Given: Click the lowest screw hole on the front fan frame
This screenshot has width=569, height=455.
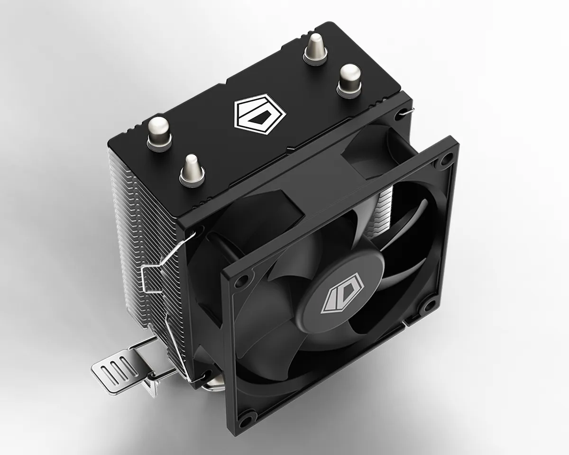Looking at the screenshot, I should point(246,419).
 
